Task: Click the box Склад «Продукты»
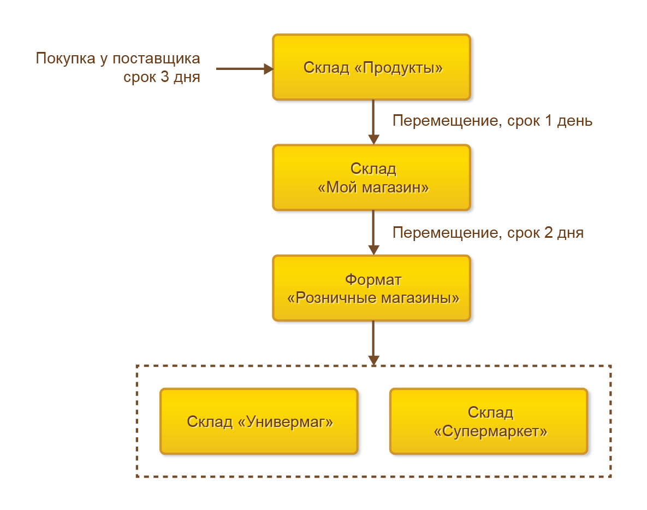(x=371, y=67)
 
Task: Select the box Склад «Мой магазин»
(x=371, y=178)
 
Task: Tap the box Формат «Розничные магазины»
(x=371, y=288)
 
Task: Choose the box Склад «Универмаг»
(x=259, y=421)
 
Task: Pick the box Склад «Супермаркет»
(x=489, y=421)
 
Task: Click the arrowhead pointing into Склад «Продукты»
(x=268, y=69)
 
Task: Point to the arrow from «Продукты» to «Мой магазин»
(x=373, y=121)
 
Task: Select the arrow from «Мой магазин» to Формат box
(x=373, y=232)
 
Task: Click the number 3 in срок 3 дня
(x=165, y=77)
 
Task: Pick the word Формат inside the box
(x=373, y=280)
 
